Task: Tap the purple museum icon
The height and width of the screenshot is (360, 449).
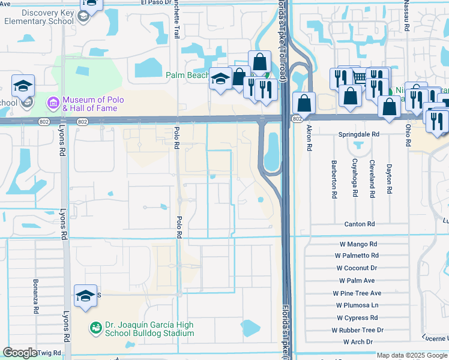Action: pos(53,104)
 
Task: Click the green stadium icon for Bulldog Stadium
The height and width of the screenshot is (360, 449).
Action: pos(95,328)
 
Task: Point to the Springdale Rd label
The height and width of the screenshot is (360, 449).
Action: pos(359,134)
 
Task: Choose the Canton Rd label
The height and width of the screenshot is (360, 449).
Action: pos(359,224)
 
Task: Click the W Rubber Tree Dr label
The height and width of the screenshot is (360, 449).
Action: pos(357,330)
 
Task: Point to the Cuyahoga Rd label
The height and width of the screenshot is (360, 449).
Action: pos(355,178)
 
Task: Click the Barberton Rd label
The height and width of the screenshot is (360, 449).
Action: pos(334,179)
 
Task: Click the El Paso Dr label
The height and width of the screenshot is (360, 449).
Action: pos(157,2)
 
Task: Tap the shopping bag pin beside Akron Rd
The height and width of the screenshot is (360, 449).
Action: pos(304,103)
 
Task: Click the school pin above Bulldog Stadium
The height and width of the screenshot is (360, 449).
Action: pos(85,295)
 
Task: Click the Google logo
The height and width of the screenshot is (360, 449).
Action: pos(20,353)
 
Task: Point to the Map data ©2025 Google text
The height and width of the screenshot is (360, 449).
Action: pos(412,355)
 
